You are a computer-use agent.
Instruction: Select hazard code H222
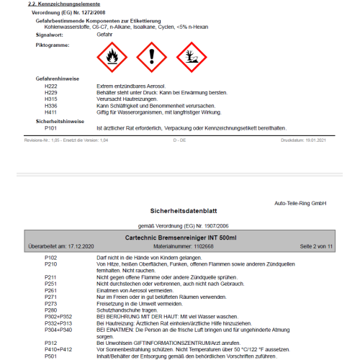tap(50, 86)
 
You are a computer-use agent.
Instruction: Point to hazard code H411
tap(50, 112)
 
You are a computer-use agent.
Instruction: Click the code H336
tap(50, 106)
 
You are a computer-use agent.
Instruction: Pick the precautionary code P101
tap(50, 128)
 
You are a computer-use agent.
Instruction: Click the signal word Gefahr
tap(104, 34)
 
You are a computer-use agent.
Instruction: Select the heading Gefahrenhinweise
tap(57, 78)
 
